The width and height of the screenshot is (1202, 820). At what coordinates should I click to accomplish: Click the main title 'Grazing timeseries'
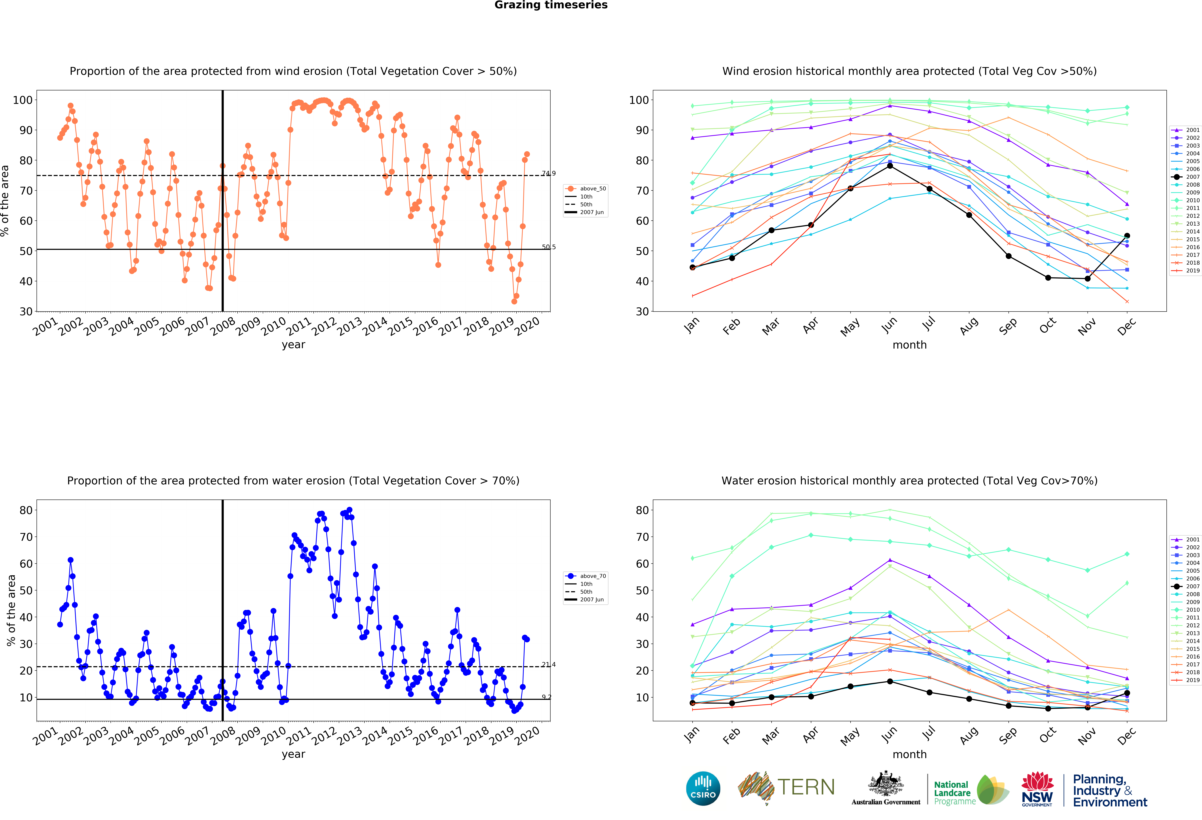coord(551,5)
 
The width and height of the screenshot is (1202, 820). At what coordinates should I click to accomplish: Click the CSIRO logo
coord(703,788)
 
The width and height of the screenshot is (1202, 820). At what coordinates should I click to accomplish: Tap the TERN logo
coord(786,787)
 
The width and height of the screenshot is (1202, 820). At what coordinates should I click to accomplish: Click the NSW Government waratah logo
coord(1037,788)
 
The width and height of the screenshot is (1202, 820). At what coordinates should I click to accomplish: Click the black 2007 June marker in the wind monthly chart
coord(890,166)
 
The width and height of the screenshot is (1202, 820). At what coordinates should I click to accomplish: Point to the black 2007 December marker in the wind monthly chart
coord(1127,236)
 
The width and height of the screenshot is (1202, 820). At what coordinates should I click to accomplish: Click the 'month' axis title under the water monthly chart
coord(909,754)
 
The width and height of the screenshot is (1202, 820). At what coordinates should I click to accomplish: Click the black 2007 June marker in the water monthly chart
coord(890,681)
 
